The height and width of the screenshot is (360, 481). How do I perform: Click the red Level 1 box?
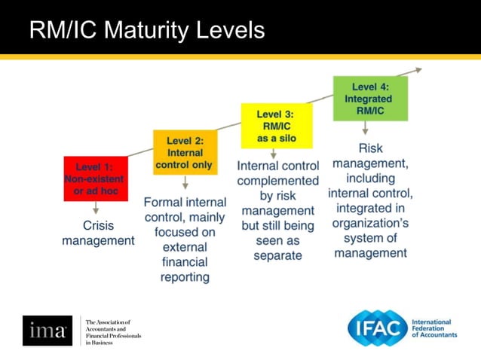click(x=94, y=178)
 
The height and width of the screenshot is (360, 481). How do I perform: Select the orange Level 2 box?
click(x=185, y=152)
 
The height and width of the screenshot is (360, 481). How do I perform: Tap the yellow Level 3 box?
click(x=276, y=126)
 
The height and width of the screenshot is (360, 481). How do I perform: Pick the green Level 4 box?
click(x=370, y=99)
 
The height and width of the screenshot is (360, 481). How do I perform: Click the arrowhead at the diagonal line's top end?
click(x=419, y=71)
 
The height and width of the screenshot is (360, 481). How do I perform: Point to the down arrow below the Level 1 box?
click(x=95, y=210)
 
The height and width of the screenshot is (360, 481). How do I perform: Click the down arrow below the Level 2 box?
click(x=185, y=184)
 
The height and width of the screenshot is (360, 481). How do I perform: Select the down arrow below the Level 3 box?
click(x=276, y=154)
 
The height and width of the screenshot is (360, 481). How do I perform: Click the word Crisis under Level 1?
click(x=98, y=225)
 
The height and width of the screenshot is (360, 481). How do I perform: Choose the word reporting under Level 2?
click(x=185, y=277)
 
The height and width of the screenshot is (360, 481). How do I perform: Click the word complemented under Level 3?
click(x=277, y=181)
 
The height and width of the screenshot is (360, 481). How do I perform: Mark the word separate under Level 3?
click(x=277, y=255)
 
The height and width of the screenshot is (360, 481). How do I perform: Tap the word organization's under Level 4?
click(x=370, y=223)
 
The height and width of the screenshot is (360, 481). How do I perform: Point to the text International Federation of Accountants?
click(x=434, y=328)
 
